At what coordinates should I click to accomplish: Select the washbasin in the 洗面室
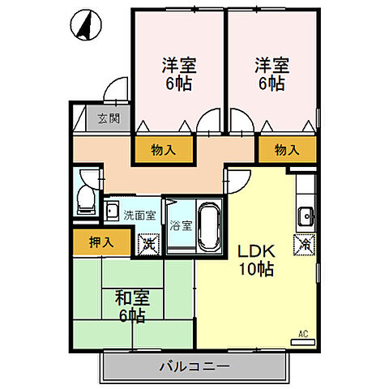113,212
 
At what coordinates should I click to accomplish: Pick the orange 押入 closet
100,242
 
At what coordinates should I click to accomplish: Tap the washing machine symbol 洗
147,242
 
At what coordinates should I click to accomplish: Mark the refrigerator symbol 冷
306,242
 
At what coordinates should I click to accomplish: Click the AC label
303,333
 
